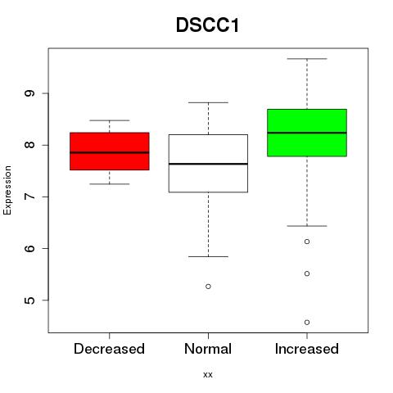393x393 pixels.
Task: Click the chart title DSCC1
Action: [x=207, y=25]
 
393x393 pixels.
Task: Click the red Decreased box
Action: [x=110, y=151]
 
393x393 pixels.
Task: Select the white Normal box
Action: [x=208, y=163]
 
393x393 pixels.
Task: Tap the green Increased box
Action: [x=307, y=133]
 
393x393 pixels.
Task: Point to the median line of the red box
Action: [x=110, y=152]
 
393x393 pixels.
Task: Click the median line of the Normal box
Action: [x=208, y=164]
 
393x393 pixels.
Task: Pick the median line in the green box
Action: [x=307, y=133]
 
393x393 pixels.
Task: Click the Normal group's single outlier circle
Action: [x=208, y=287]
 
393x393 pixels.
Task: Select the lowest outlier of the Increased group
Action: [x=307, y=323]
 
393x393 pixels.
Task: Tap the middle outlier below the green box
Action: [x=307, y=273]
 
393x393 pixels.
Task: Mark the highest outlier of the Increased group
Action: [x=307, y=242]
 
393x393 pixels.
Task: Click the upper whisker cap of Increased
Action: [x=307, y=59]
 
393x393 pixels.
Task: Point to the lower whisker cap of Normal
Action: [x=208, y=256]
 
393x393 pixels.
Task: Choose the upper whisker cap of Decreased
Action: [x=110, y=120]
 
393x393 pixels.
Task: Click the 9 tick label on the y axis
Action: [x=29, y=93]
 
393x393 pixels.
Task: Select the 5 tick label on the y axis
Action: [x=29, y=300]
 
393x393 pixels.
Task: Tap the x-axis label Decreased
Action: [x=109, y=349]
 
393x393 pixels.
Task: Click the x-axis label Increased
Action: [x=307, y=349]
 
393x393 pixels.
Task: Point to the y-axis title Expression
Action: [x=7, y=190]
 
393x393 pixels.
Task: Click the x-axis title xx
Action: [x=208, y=375]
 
